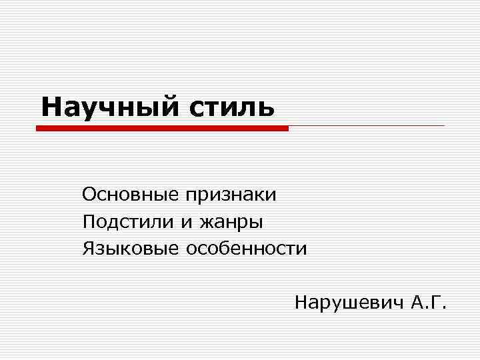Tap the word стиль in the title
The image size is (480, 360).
[227, 107]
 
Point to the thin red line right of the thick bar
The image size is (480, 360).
[367, 125]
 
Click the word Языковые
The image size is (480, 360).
[131, 249]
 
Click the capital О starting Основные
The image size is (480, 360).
[89, 195]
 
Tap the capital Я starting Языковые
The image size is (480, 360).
[89, 249]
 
